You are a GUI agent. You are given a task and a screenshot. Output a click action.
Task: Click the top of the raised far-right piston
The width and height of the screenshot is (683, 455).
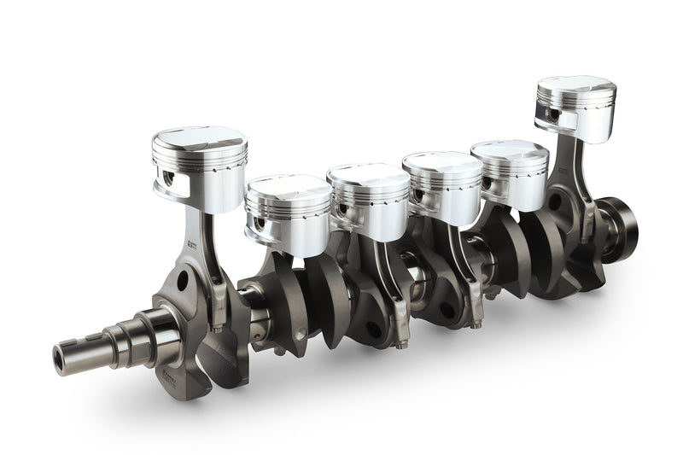[576, 86]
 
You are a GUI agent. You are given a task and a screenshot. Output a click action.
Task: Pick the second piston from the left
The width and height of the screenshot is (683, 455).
[289, 205]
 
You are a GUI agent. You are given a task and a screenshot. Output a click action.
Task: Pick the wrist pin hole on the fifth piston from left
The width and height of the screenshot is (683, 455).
[487, 182]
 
